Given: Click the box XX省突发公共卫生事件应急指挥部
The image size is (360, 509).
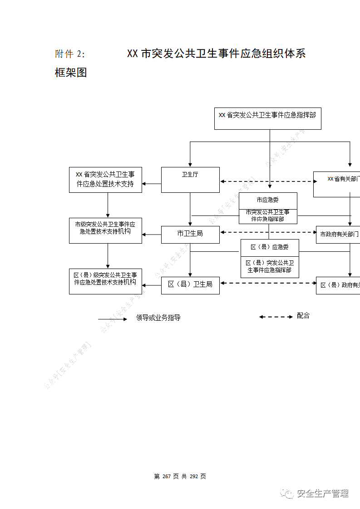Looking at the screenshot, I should [x=267, y=118].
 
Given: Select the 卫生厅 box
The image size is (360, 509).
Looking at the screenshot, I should [x=190, y=180].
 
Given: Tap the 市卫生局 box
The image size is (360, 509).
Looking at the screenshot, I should [x=190, y=234].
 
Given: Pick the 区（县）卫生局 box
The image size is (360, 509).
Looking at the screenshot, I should [x=190, y=285].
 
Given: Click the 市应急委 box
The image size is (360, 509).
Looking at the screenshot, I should [x=268, y=200].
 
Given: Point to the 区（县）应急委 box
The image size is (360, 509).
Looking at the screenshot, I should [x=270, y=248].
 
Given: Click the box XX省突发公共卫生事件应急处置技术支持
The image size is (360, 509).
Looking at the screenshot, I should [x=105, y=180].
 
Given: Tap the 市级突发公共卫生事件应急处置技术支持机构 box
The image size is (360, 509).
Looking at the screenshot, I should [x=105, y=230].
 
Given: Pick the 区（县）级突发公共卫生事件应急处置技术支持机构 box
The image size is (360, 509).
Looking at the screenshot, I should [x=105, y=281].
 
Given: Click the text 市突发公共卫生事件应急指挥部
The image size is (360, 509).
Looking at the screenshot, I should [x=268, y=215].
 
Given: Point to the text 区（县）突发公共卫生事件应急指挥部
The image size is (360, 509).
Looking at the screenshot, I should [x=270, y=267].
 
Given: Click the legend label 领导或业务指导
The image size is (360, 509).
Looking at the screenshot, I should [x=158, y=318].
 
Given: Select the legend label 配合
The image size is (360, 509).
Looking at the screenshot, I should [x=303, y=316].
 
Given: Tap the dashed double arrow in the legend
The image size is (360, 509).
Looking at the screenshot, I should [x=276, y=317].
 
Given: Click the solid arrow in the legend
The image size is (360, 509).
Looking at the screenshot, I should [x=113, y=319].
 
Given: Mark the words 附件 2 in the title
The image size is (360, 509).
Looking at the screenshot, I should [x=69, y=54].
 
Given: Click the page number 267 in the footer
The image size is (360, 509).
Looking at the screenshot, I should [x=166, y=476].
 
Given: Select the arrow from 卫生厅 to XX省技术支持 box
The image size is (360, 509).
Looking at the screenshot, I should [x=152, y=184].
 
